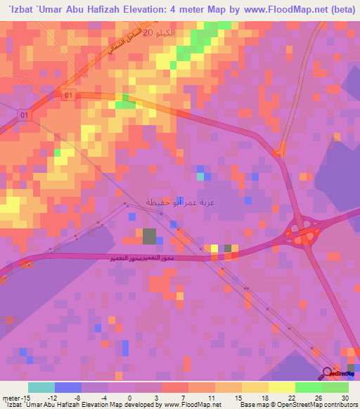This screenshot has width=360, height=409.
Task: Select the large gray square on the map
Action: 149,236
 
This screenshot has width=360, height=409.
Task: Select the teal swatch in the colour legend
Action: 41,387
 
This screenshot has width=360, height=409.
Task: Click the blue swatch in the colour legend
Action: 68,387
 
